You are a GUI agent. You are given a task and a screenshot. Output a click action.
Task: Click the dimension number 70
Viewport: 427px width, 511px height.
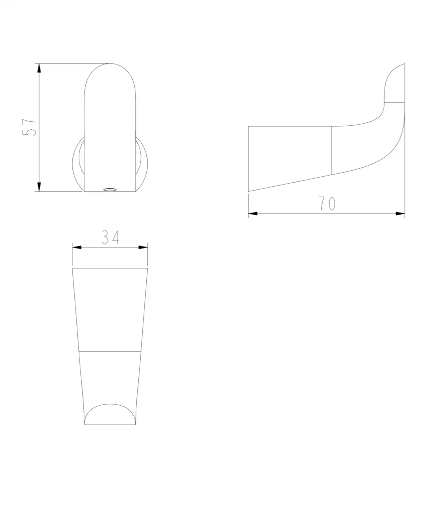[x=327, y=204]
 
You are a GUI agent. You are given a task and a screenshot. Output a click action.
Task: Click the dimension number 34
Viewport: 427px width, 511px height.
[x=110, y=237]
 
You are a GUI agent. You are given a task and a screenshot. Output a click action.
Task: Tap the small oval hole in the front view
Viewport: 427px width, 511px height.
[x=109, y=189]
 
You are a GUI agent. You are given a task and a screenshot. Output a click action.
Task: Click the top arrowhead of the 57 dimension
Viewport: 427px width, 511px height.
[x=39, y=69]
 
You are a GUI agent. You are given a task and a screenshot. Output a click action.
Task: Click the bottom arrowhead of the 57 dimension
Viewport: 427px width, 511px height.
[x=39, y=186]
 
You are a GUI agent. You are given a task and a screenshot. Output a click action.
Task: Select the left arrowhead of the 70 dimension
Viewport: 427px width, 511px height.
[x=253, y=214]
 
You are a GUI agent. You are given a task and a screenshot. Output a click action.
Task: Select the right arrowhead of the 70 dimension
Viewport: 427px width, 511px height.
[x=400, y=214]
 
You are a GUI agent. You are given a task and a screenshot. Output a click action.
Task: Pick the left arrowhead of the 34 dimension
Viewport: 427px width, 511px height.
[x=76, y=248]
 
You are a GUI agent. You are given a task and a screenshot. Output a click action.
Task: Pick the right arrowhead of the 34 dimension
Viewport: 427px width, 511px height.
[x=143, y=248]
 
